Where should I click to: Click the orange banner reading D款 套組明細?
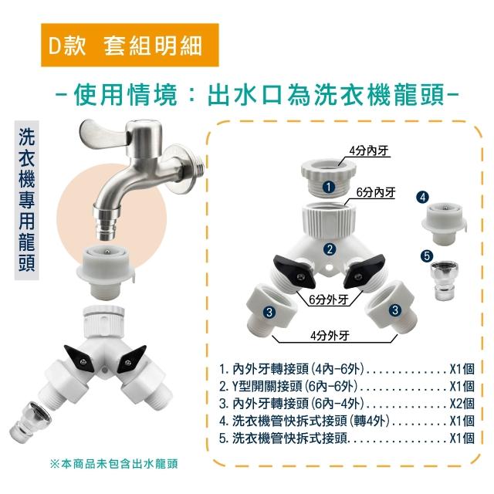pos(130,45)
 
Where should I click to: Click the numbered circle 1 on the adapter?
pos(329,187)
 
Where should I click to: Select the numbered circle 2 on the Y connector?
pos(330,249)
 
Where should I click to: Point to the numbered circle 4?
pos(422,198)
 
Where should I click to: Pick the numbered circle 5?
pos(427,255)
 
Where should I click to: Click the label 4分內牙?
pos(369,151)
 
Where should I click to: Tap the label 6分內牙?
pos(376,192)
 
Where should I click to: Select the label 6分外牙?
pos(329,299)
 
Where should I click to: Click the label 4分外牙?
pos(330,336)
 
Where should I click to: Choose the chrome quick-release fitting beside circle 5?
pos(445,281)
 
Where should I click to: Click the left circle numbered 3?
pos(269,312)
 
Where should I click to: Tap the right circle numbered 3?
pos(395,310)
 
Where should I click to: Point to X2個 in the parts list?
pos(462,404)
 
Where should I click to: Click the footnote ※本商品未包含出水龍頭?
pos(114,463)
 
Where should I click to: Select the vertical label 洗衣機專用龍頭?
pos(27,200)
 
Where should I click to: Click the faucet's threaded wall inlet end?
pos(198,166)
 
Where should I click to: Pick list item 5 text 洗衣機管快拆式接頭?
pos(289,438)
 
